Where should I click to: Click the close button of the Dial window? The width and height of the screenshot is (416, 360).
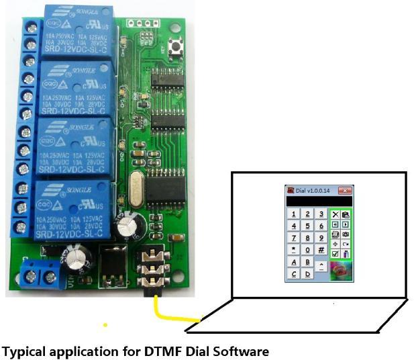pyautogui.click(x=345, y=191)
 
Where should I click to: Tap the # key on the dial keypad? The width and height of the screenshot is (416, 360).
pyautogui.click(x=321, y=250)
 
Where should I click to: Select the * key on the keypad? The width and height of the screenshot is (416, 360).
pyautogui.click(x=294, y=250)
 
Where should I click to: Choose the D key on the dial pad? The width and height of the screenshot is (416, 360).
pyautogui.click(x=308, y=274)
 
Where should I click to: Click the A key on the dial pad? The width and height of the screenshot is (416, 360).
pyautogui.click(x=294, y=262)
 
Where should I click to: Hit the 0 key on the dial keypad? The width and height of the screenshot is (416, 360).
pyautogui.click(x=308, y=250)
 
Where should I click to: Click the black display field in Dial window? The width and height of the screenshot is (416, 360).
pyautogui.click(x=319, y=201)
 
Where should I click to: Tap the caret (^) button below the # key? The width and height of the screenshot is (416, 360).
pyautogui.click(x=321, y=265)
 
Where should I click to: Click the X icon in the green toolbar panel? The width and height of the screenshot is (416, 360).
pyautogui.click(x=335, y=214)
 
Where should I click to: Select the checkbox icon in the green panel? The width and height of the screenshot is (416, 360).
pyautogui.click(x=335, y=254)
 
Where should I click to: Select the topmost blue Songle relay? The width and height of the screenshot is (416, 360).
pyautogui.click(x=74, y=32)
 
